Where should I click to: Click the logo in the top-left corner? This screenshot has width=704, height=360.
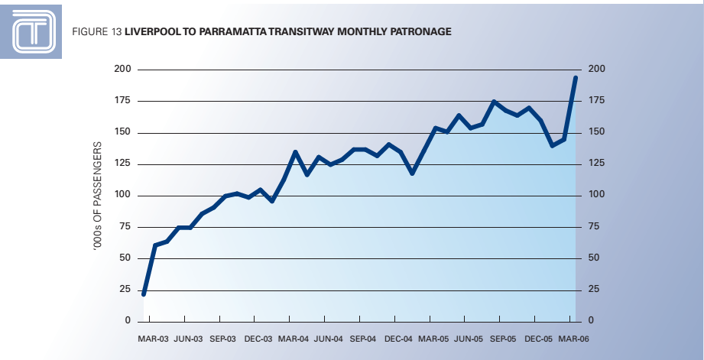pos(34,31)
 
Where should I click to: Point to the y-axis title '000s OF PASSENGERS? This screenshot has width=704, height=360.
pos(97,195)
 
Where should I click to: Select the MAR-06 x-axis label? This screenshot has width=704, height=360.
pos(573,338)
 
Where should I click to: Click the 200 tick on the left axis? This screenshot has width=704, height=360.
pos(123,70)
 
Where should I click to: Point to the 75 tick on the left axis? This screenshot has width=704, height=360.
pos(125,227)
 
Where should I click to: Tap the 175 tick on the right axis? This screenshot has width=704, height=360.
pos(595,101)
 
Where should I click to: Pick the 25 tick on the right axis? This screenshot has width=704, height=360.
pos(593,290)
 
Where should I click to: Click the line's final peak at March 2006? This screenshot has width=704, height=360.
pos(576,77)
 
